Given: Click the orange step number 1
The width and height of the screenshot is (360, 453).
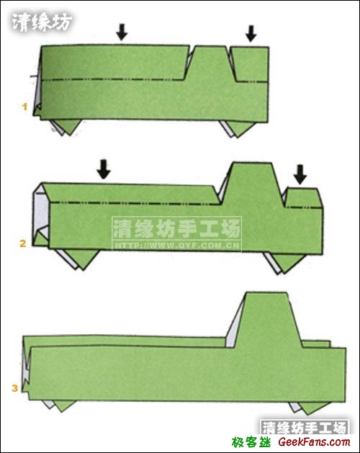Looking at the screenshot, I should pos(24,107).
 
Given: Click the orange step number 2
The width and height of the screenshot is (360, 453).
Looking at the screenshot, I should pos(23,243).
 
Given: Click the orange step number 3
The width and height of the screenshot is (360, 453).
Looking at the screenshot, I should pos(15,389).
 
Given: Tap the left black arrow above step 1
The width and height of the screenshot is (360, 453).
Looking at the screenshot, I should pos(122,31).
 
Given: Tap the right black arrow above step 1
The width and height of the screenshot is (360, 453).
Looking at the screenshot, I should pos(251,33).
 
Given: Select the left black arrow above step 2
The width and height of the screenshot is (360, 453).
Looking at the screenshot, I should pos(104,169).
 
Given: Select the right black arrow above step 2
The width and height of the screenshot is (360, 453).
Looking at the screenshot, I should pos(300,174).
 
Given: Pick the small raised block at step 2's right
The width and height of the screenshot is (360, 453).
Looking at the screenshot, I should pos(302,197).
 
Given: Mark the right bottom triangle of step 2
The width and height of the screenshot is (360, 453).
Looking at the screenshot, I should pos(283,261).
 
